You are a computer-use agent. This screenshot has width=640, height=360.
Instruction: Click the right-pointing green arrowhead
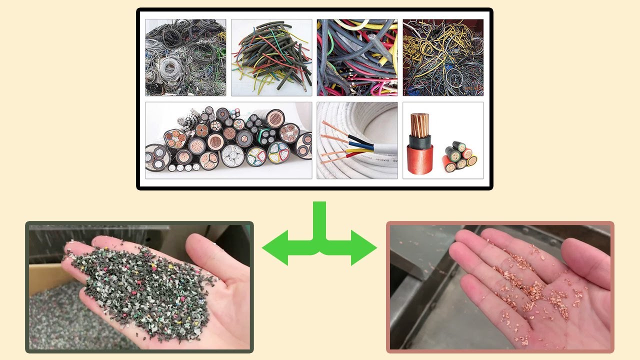(x=364, y=247)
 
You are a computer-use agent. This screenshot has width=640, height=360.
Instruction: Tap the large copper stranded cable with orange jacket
(x=420, y=145)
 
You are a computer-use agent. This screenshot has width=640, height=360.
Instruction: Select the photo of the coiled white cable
(x=357, y=140)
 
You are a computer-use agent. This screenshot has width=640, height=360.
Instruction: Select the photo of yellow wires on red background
(x=443, y=57)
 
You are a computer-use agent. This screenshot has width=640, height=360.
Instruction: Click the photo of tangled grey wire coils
(x=185, y=57)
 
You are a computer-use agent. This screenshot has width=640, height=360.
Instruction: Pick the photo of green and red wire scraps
(x=271, y=57)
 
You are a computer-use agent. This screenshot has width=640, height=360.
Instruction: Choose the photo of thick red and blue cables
(x=357, y=57)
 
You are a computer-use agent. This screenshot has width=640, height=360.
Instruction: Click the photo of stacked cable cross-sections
(x=228, y=140)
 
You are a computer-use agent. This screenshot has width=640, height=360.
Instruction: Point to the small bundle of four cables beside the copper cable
(x=459, y=156)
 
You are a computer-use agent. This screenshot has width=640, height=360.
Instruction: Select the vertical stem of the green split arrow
(x=319, y=220)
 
